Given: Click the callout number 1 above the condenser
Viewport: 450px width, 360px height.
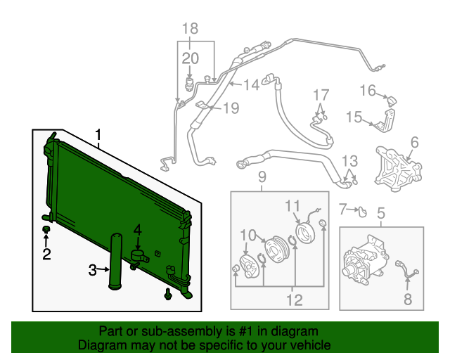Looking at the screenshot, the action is tap(98, 134).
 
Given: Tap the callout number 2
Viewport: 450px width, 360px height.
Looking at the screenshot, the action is tap(46, 254).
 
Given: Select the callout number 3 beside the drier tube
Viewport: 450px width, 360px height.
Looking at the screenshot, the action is tap(92, 270).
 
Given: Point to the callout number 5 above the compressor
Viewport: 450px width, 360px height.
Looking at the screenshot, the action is tap(381, 213).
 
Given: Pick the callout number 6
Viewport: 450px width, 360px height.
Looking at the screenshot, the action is tap(415, 143).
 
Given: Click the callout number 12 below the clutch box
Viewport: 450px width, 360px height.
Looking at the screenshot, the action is tap(295, 300).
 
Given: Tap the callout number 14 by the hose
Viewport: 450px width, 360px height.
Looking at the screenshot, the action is tap(252, 84).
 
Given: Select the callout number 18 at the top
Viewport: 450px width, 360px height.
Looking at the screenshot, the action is tap(191, 28).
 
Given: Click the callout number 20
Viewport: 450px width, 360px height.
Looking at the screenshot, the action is tap(191, 58).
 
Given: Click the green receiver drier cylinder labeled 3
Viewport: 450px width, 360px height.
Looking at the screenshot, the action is tap(115, 262).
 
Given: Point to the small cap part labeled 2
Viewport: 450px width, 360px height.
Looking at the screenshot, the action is tap(46, 230).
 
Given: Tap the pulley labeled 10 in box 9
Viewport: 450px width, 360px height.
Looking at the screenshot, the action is tap(274, 250).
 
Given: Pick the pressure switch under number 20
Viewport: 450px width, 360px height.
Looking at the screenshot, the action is tap(189, 84).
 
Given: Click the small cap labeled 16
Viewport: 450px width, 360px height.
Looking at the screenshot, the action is tap(392, 101).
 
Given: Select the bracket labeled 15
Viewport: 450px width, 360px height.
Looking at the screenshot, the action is tap(385, 120).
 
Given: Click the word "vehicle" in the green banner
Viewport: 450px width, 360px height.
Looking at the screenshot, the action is tap(309, 345).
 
